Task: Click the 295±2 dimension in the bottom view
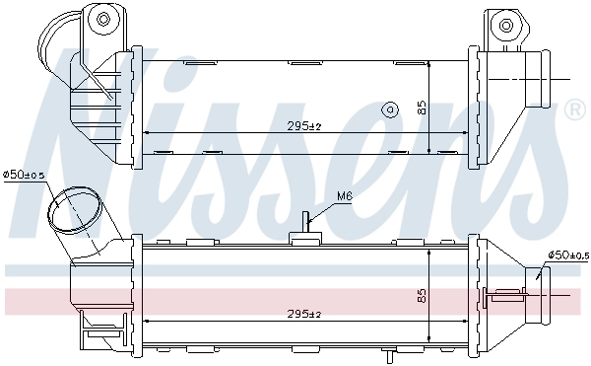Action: click(x=305, y=313)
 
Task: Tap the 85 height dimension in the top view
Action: click(x=422, y=108)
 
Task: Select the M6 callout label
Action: click(x=344, y=196)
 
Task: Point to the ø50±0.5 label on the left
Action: click(x=25, y=175)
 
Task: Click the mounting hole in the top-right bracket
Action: click(x=506, y=25)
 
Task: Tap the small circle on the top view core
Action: click(x=389, y=108)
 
